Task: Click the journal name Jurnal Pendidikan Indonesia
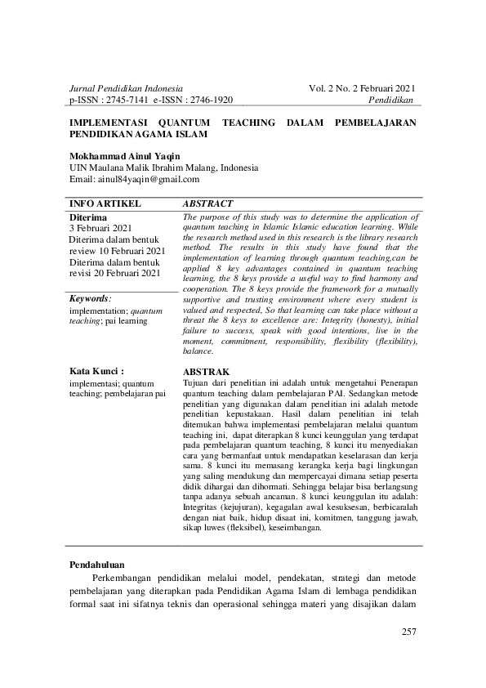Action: [x=126, y=87]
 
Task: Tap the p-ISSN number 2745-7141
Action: [x=129, y=100]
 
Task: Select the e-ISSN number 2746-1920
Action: [x=211, y=100]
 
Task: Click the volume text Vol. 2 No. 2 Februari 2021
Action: [x=362, y=87]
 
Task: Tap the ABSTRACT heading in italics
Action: [x=207, y=203]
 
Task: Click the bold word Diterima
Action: [x=88, y=217]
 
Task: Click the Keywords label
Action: [x=90, y=299]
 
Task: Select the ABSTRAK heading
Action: [x=207, y=371]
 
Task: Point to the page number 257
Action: [x=408, y=632]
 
